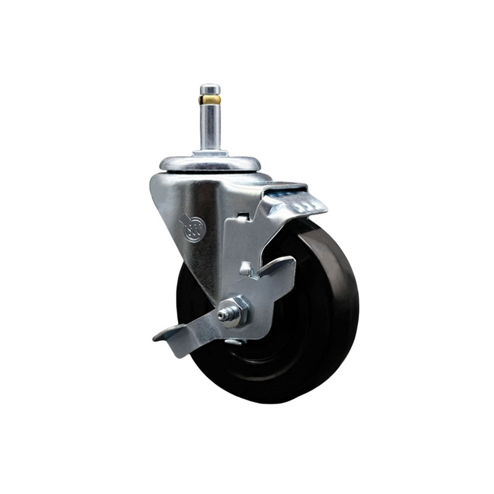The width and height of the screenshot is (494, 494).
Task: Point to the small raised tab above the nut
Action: (x=246, y=269)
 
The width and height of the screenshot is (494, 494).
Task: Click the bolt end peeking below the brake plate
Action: (x=234, y=340)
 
